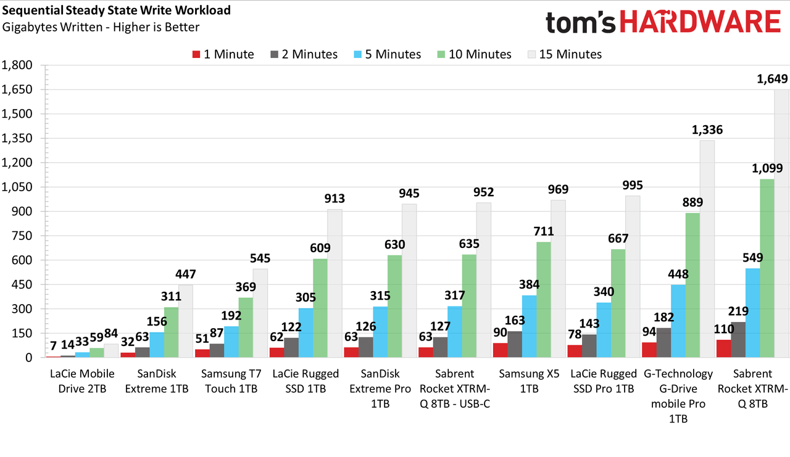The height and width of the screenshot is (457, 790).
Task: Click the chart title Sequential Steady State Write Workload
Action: point(116,10)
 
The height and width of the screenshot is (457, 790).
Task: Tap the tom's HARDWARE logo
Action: point(663,21)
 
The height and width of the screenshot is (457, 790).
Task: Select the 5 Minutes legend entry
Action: point(387,54)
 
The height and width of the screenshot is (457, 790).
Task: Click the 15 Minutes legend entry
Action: point(565,54)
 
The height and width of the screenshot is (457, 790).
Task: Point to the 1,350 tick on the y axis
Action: point(17,138)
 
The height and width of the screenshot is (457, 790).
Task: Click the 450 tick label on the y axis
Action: point(22,284)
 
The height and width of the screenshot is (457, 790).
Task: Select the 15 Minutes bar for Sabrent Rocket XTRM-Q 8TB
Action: point(781,223)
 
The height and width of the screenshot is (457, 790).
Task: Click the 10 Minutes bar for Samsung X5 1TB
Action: point(544,300)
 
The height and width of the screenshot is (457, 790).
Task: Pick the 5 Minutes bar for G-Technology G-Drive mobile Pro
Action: point(678,321)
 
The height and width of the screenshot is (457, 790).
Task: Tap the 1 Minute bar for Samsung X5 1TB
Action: point(500,350)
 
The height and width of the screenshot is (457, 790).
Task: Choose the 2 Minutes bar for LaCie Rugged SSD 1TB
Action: point(291,348)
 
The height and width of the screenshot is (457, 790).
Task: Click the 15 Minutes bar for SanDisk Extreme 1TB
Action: point(186,321)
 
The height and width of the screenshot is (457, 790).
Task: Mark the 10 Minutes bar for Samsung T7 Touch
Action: point(246,327)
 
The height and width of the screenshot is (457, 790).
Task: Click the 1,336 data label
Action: point(707,130)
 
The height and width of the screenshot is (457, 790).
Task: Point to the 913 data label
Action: point(335,199)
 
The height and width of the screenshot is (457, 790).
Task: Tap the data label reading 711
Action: point(544,231)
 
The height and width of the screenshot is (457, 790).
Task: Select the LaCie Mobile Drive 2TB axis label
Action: point(82,381)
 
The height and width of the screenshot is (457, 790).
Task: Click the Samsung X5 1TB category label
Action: point(529,381)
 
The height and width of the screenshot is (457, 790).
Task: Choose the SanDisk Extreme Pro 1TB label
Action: point(380,389)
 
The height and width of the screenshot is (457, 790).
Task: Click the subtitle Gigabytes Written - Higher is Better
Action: point(101,27)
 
